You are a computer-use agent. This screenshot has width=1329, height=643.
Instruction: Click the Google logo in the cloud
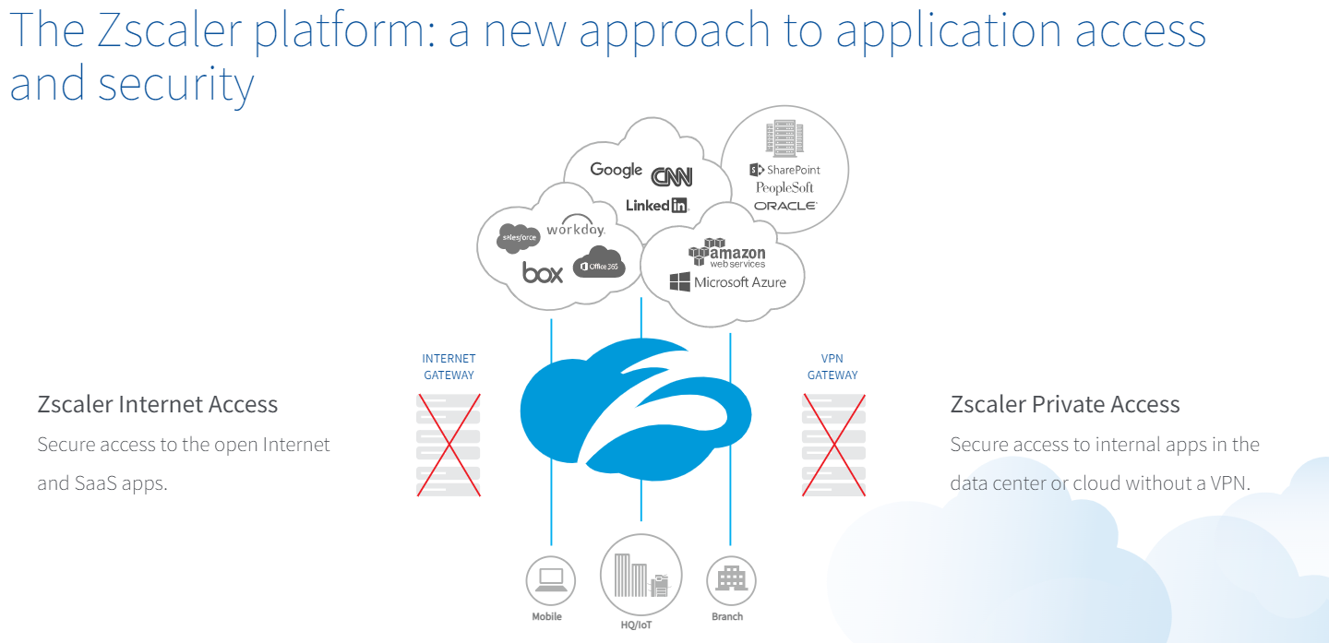[616, 171]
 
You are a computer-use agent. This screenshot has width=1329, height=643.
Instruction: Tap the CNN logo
[672, 176]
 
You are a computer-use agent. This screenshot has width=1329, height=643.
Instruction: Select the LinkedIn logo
[657, 205]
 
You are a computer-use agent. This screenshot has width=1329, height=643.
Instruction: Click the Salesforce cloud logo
[519, 238]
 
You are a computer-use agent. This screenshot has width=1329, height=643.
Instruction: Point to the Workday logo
[576, 226]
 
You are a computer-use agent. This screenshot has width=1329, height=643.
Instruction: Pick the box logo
[543, 273]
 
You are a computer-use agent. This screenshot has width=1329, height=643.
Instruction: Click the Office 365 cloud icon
[599, 262]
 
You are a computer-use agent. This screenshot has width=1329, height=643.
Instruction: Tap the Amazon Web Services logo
[727, 253]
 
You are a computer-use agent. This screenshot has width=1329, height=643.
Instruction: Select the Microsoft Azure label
[728, 282]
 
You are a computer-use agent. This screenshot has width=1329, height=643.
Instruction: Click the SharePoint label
[784, 170]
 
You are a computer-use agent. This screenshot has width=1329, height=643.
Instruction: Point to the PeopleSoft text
[784, 188]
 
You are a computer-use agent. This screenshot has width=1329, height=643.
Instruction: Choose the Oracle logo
[785, 206]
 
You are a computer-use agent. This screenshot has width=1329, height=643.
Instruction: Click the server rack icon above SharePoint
[784, 138]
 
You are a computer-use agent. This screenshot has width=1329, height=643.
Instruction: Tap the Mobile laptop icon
[551, 580]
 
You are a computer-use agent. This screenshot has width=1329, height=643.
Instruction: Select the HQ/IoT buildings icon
[641, 575]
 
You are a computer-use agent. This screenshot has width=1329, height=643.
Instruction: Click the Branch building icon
[731, 580]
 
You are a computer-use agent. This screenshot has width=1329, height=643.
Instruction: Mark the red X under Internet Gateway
[449, 445]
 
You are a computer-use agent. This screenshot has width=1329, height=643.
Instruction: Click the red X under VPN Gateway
[833, 445]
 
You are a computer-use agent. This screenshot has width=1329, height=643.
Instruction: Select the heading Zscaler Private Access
[1065, 405]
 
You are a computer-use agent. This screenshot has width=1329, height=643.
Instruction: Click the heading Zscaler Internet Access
[157, 405]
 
